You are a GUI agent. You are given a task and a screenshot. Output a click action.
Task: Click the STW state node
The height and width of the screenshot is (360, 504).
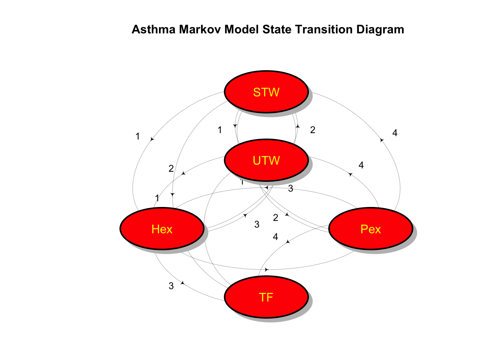(266, 92)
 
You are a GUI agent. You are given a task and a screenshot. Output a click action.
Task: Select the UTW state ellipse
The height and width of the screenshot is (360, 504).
(266, 160)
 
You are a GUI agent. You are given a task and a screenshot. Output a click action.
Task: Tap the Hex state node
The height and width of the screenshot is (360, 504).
(162, 229)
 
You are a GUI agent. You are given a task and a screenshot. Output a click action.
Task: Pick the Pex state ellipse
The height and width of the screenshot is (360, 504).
(370, 229)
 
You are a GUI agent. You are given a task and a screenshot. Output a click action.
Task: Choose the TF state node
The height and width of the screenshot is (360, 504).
(266, 297)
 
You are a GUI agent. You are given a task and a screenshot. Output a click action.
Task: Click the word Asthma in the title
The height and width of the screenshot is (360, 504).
(153, 29)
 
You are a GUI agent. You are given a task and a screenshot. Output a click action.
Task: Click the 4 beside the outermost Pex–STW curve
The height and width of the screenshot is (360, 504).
(395, 133)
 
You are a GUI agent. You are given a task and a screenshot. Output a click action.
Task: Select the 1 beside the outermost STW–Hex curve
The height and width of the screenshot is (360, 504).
(138, 136)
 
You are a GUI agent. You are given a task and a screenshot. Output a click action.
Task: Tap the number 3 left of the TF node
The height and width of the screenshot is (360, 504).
(171, 286)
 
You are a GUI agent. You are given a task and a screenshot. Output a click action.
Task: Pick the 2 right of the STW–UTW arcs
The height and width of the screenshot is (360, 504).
(313, 130)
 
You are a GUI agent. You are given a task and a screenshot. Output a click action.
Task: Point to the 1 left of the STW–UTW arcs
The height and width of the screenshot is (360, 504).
(220, 130)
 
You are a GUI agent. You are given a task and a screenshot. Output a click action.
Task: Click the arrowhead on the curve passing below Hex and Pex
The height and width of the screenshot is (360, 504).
(267, 270)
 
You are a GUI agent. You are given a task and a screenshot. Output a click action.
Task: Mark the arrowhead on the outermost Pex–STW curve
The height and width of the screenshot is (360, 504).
(382, 140)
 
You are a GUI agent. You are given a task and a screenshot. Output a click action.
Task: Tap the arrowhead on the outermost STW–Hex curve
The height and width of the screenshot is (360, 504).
(152, 139)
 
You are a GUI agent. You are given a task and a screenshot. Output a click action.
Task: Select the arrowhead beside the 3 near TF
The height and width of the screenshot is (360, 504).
(183, 283)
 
